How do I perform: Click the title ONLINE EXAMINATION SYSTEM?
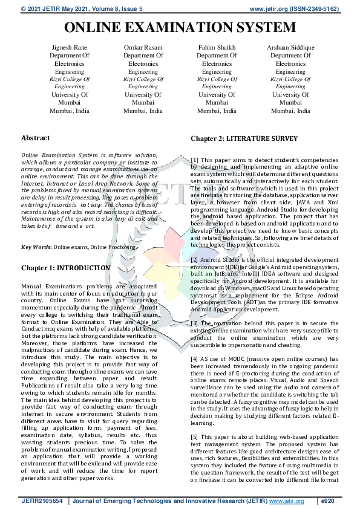tap(180, 28)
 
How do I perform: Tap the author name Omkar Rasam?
tap(143, 47)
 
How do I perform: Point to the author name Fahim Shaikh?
tap(217, 47)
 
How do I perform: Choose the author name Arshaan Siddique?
tap(291, 47)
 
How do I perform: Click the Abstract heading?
tap(36, 138)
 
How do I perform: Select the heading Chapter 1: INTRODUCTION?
tap(65, 268)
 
